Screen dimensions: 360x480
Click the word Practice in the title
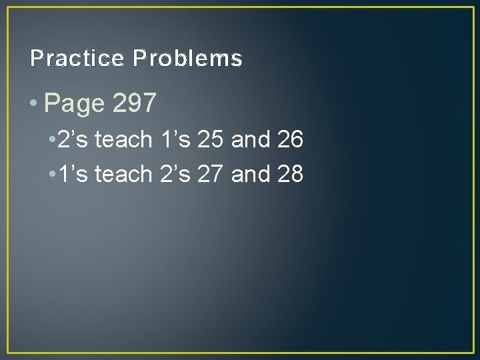point(77,59)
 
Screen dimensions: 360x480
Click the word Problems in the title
point(187,59)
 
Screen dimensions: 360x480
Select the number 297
point(135,103)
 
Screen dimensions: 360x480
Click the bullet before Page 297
point(35,103)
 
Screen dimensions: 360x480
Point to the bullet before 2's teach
point(51,141)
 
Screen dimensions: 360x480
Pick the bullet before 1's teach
point(51,174)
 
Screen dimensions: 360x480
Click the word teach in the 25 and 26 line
point(123,140)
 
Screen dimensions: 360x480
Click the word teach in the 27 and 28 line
point(123,174)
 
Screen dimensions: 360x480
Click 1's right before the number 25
point(175,140)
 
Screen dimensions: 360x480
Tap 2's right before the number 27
point(175,174)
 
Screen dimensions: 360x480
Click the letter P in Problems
point(139,59)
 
